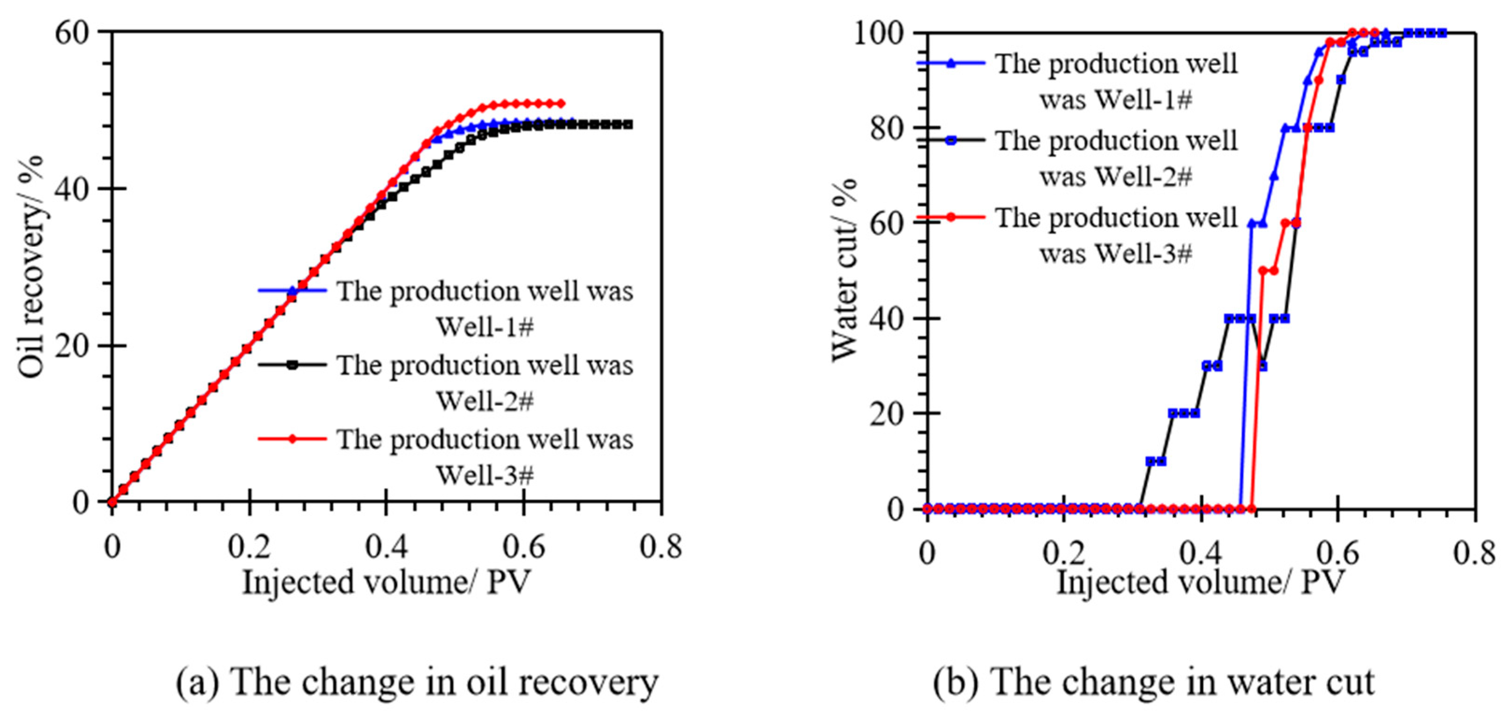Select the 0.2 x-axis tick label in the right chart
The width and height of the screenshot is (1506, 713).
point(1064,552)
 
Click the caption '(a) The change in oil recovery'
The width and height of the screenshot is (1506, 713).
point(417,683)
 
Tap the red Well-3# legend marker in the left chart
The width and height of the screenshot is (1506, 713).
point(292,438)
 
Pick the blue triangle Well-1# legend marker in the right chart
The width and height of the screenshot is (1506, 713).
point(951,63)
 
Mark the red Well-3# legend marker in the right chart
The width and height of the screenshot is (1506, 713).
point(951,217)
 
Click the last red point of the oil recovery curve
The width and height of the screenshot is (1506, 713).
point(561,104)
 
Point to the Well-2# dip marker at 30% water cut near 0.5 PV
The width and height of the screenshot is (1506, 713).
point(1262,366)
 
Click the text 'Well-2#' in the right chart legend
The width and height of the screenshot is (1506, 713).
point(1115,176)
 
